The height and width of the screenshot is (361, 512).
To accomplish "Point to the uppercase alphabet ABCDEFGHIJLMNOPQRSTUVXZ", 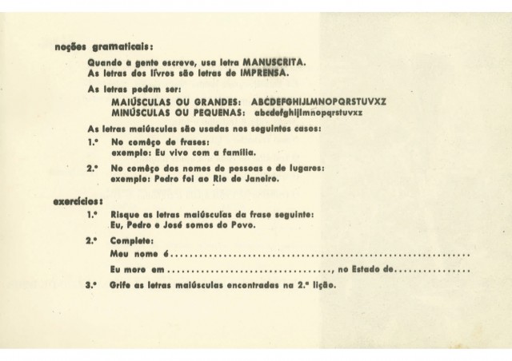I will pos(318,102).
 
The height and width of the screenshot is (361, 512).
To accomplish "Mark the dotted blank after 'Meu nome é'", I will pos(320,254).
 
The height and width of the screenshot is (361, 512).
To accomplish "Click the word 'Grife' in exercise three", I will pos(122,284).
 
